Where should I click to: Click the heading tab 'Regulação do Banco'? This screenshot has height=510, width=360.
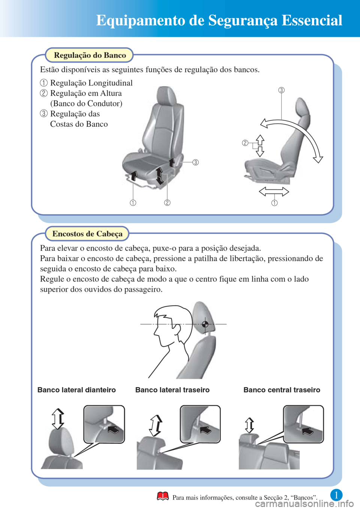coord(89,55)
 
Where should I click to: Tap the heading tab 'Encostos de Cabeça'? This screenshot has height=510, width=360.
coord(87,234)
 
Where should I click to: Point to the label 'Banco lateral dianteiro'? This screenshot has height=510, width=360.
coord(76,390)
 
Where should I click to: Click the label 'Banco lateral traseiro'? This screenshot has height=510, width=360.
coord(172,390)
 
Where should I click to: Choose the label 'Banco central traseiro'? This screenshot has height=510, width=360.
coord(282,390)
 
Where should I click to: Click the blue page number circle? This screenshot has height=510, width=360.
coord(336,495)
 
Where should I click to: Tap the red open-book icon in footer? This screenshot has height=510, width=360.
coord(163,496)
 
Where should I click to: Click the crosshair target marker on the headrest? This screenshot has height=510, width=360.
coord(205,324)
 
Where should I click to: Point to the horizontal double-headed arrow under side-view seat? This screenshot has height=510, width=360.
coord(274,192)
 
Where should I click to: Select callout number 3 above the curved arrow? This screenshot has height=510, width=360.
coord(282,90)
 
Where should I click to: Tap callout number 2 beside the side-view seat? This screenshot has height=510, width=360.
coord(245,143)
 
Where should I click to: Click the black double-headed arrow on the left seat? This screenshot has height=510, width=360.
coord(159,176)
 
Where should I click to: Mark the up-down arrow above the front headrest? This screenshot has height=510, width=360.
coord(58,419)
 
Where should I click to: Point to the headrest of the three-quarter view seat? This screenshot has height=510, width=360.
coord(167,96)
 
